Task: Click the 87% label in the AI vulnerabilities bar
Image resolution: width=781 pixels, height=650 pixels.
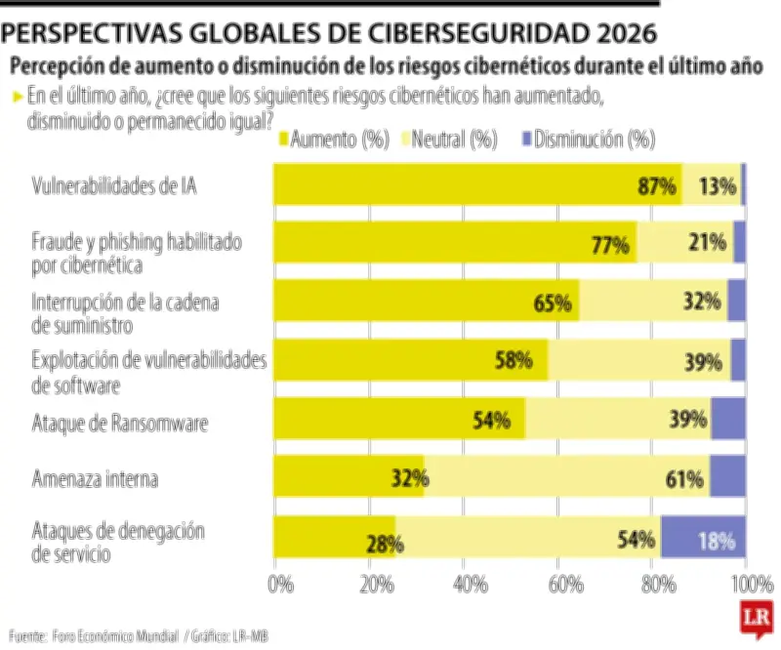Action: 657,186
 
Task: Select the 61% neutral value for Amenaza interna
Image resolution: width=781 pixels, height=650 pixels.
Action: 684,479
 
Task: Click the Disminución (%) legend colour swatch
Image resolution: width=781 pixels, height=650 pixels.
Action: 528,141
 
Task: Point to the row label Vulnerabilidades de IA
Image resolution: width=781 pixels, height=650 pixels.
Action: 114,185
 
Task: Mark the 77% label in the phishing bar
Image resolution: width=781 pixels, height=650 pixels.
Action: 610,245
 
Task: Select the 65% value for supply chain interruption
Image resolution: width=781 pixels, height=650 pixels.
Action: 553,304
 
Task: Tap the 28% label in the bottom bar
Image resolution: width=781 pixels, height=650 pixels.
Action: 385,544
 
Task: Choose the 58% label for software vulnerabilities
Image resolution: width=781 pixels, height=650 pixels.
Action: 514,361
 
